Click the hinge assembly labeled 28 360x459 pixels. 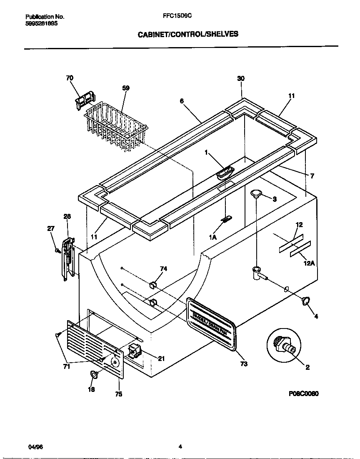click(x=68, y=258)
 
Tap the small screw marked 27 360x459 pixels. click(x=57, y=250)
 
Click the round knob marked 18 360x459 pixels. click(x=94, y=375)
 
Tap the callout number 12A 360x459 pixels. click(x=309, y=263)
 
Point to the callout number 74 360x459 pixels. click(x=164, y=269)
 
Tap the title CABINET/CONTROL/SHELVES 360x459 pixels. click(x=188, y=34)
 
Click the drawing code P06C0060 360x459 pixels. click(x=303, y=393)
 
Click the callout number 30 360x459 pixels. click(x=241, y=78)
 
